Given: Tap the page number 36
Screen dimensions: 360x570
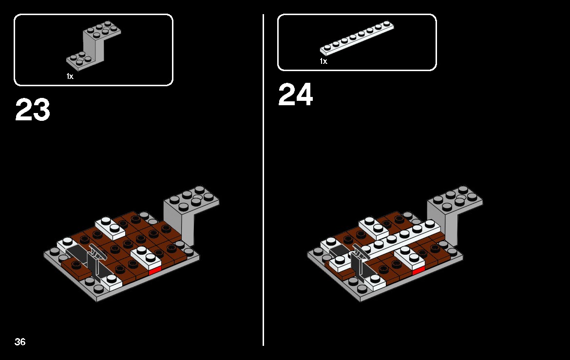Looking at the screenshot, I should coord(20,341).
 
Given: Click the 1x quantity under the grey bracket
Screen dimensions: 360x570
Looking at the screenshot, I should coord(70,76).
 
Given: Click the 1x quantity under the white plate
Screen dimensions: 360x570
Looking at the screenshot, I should coord(323,61).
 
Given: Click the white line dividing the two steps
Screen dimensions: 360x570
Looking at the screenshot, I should coord(263,180).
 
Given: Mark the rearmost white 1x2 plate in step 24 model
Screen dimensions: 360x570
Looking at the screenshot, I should coord(373,225).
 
